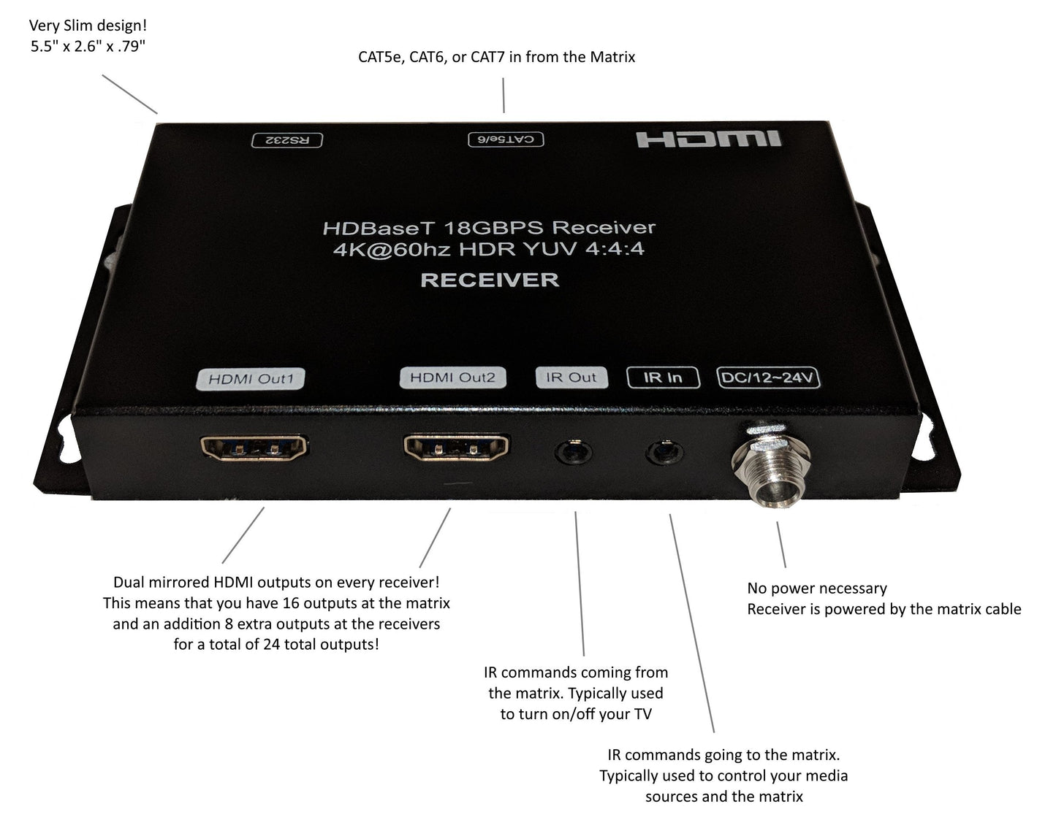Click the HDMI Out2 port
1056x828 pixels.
tap(456, 448)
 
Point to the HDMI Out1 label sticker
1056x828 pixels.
tap(251, 379)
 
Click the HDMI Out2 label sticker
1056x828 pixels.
tap(452, 377)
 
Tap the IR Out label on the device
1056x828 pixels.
tap(571, 377)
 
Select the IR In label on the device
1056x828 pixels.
tap(663, 377)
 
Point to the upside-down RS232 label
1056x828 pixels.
tap(286, 140)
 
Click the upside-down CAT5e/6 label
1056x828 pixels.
tap(506, 139)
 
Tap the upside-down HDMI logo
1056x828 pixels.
tap(708, 139)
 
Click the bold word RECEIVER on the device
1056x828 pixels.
tap(490, 280)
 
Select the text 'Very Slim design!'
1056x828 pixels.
tap(88, 26)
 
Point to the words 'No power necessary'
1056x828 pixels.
tap(816, 589)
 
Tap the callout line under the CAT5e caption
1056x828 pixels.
tap(504, 95)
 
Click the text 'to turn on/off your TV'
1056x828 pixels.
tap(576, 714)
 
